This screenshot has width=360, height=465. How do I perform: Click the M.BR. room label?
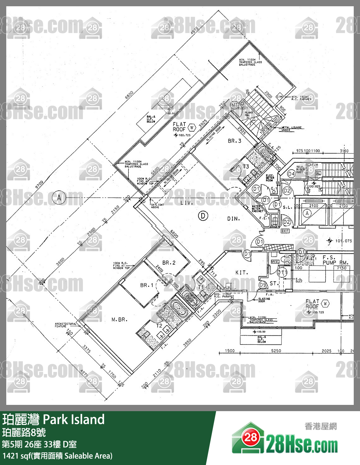[x=120, y=320]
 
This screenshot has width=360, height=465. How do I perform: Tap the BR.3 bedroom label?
[x=234, y=141]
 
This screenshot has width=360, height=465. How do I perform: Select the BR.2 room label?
[x=169, y=263]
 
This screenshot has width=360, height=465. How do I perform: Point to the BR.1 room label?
[x=147, y=285]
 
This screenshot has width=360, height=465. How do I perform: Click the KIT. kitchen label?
[x=242, y=273]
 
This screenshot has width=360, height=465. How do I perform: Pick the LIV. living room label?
[x=187, y=203]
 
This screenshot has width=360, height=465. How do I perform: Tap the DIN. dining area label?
[x=234, y=219]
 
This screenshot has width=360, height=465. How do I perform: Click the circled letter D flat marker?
[x=203, y=216]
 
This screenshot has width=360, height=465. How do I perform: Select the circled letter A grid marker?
[x=59, y=198]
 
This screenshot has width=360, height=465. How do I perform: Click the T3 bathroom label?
[x=246, y=167]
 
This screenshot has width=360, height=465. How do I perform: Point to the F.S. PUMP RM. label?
[x=335, y=260]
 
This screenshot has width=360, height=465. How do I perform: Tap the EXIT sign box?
[x=285, y=231]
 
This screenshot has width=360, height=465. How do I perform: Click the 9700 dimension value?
[x=39, y=184]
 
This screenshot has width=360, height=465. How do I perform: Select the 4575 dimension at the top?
[x=195, y=30]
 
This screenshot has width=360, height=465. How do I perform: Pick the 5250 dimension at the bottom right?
[x=276, y=351]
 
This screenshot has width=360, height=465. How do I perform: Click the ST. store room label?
[x=273, y=283]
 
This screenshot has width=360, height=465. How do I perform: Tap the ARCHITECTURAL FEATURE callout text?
[x=65, y=325]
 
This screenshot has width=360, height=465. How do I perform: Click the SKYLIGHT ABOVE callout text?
[x=157, y=206]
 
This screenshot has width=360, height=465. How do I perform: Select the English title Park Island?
[x=73, y=420]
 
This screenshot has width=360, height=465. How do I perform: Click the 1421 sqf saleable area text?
[x=57, y=456]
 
